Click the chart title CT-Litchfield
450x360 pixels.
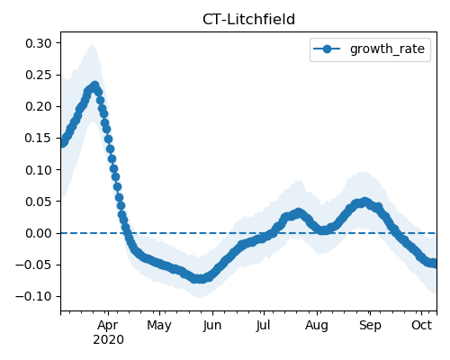click(248, 20)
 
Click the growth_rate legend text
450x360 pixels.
click(387, 49)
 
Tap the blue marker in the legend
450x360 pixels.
click(327, 49)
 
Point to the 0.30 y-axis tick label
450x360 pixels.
click(39, 43)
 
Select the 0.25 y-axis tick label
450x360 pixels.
click(39, 75)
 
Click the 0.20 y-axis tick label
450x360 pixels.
click(39, 106)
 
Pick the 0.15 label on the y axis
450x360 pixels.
click(39, 138)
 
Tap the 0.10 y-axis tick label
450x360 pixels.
click(39, 170)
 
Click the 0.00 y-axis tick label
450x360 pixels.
click(39, 233)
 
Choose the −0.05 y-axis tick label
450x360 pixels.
click(33, 265)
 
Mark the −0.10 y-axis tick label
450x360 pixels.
click(33, 296)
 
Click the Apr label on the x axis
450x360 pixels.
click(108, 325)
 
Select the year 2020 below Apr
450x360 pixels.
click(108, 339)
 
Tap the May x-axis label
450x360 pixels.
click(159, 326)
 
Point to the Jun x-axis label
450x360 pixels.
click(212, 326)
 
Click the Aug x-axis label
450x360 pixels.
click(317, 326)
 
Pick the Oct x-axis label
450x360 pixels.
click(421, 325)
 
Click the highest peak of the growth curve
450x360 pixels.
click(95, 85)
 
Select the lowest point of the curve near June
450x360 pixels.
click(200, 279)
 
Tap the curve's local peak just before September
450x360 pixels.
click(364, 202)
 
